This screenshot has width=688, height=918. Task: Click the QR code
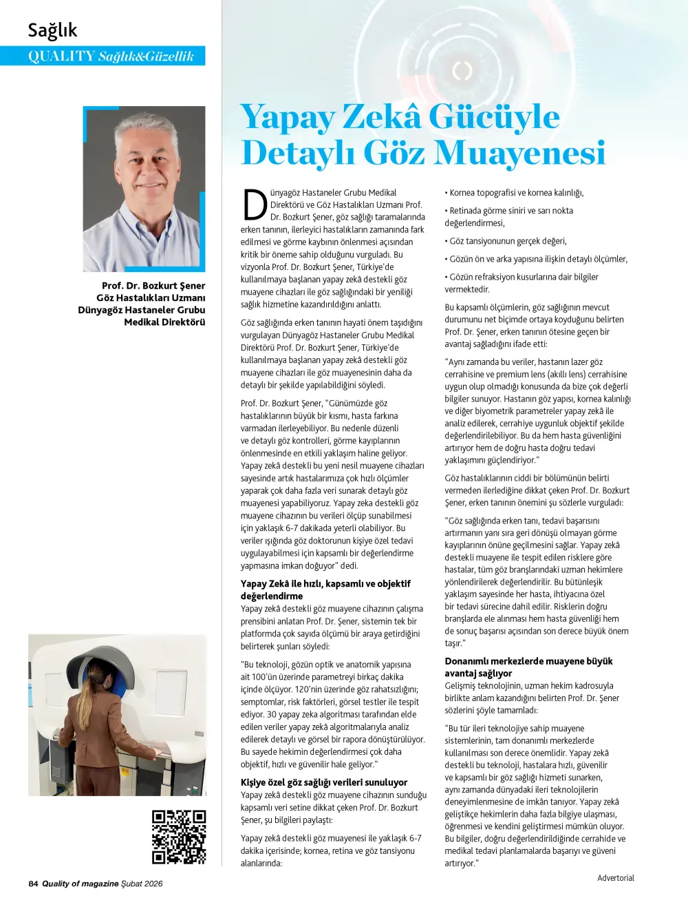pos(179,837)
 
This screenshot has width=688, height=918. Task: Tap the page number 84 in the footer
pos(33,884)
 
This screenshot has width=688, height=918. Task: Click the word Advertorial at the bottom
pos(615,878)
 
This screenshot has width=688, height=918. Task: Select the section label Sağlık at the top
pos(52,30)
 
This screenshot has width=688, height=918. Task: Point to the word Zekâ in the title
pos(381,116)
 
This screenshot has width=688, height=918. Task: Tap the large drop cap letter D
pos(255,205)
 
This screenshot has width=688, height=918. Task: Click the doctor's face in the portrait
pos(146,160)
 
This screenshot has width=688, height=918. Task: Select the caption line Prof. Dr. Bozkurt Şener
pos(153,286)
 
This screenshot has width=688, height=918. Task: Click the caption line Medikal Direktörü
pos(164,322)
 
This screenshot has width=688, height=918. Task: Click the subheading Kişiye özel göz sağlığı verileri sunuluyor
pos(323,782)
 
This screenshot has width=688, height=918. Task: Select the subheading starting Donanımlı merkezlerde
pos(528,661)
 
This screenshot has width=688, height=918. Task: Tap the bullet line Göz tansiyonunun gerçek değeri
pos(506,241)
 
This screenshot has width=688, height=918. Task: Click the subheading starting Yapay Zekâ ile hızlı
pos(325,584)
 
